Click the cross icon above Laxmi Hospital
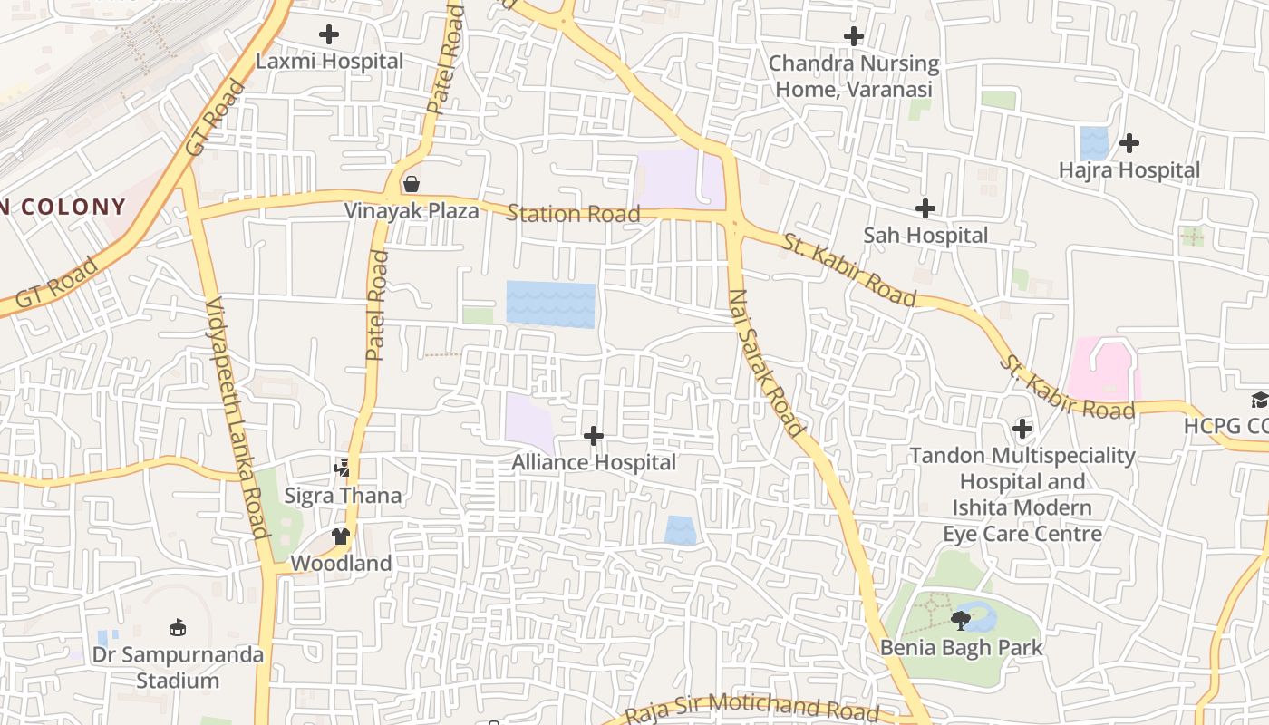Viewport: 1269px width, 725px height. tap(329, 35)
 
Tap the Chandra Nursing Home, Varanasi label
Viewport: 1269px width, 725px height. tap(853, 76)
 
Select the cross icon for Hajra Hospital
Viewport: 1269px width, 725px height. tap(1129, 143)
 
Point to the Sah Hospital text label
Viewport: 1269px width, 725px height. tap(925, 236)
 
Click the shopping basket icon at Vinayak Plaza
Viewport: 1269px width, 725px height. tap(412, 185)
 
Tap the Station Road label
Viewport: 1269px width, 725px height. tap(573, 214)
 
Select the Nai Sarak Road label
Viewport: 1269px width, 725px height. tap(766, 362)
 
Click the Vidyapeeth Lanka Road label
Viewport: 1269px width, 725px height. tap(237, 417)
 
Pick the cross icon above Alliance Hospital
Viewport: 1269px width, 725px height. tap(594, 436)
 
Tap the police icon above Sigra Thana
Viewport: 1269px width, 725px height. tap(342, 469)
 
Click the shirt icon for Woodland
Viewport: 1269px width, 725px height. tap(341, 536)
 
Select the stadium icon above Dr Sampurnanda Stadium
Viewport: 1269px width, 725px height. tap(178, 627)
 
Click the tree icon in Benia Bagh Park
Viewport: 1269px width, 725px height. tap(961, 621)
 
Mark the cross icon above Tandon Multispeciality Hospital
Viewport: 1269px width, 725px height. tap(1022, 428)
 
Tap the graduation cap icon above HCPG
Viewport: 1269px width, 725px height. tap(1260, 400)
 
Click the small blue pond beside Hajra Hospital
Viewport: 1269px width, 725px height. tap(1094, 143)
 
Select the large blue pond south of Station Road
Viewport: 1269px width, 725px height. tap(550, 304)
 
